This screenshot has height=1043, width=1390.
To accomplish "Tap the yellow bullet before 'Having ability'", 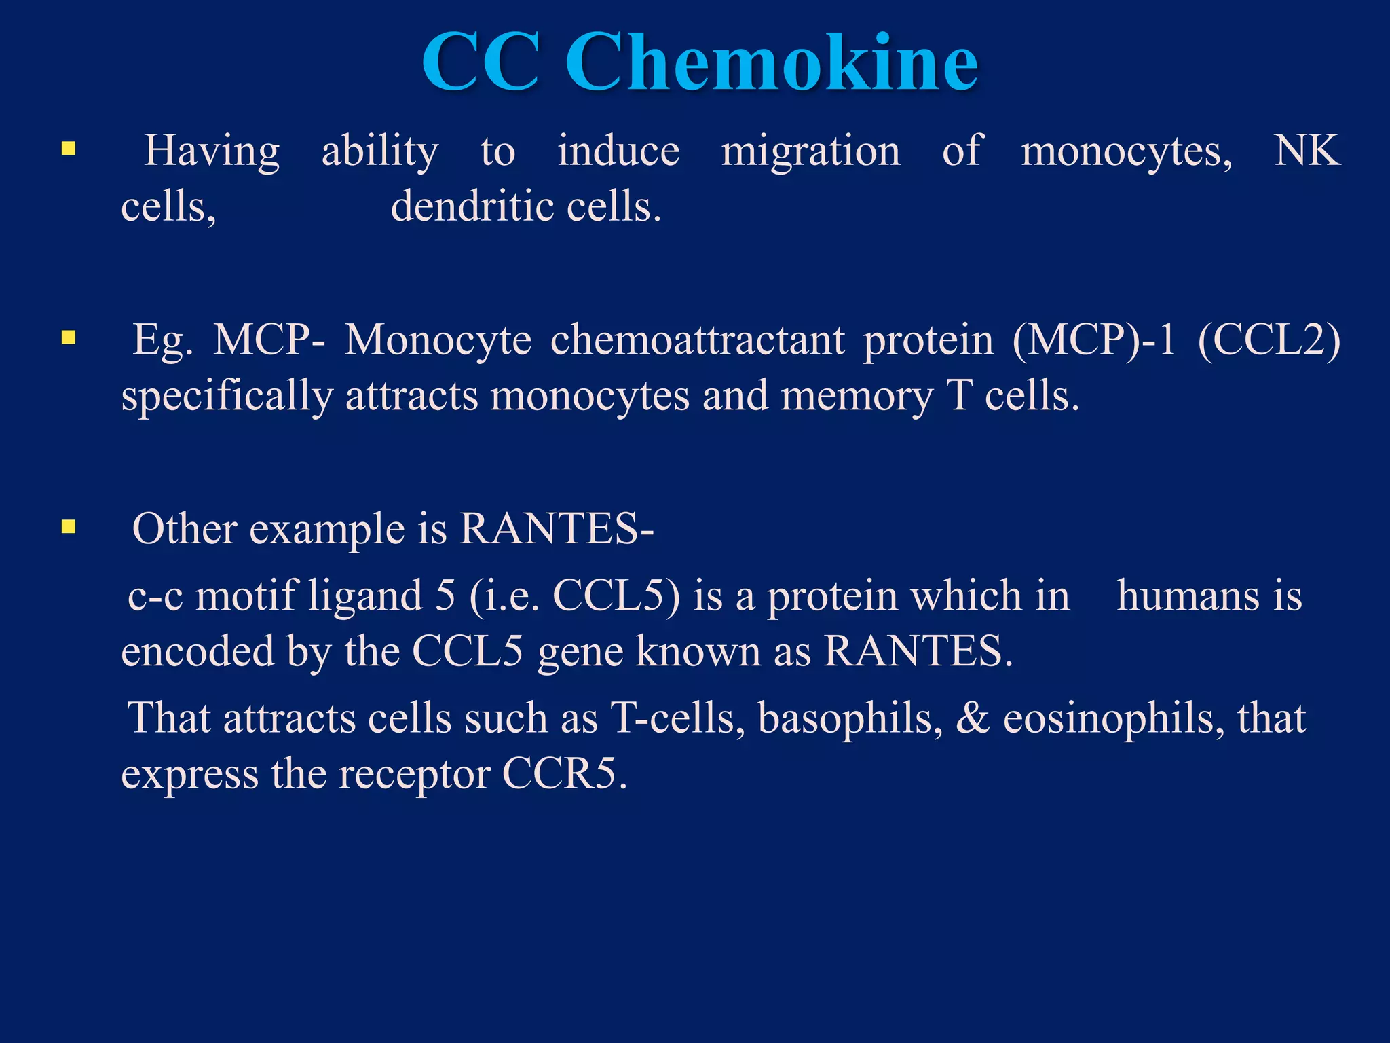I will pyautogui.click(x=69, y=148).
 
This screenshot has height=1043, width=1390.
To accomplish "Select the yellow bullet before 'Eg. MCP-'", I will pyautogui.click(x=69, y=337).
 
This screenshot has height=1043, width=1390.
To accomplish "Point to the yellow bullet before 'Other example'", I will pyautogui.click(x=69, y=526).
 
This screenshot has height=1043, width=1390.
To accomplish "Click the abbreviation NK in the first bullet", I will pyautogui.click(x=1307, y=151).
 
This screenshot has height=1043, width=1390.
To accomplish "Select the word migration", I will pyautogui.click(x=810, y=151).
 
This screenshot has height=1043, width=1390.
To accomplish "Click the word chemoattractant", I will pyautogui.click(x=698, y=340).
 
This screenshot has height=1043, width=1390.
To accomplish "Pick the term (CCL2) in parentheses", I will pyautogui.click(x=1269, y=340).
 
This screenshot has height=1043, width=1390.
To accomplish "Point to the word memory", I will pyautogui.click(x=857, y=397).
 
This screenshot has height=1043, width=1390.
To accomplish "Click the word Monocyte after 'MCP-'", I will pyautogui.click(x=438, y=340).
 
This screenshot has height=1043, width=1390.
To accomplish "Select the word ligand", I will pyautogui.click(x=365, y=596).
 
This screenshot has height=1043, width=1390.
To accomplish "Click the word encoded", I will pyautogui.click(x=198, y=651).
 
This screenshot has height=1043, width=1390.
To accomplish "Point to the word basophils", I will pyautogui.click(x=850, y=718).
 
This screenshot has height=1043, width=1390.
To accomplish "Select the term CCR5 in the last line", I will pyautogui.click(x=564, y=773).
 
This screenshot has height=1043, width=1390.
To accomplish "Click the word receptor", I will pyautogui.click(x=414, y=775).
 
